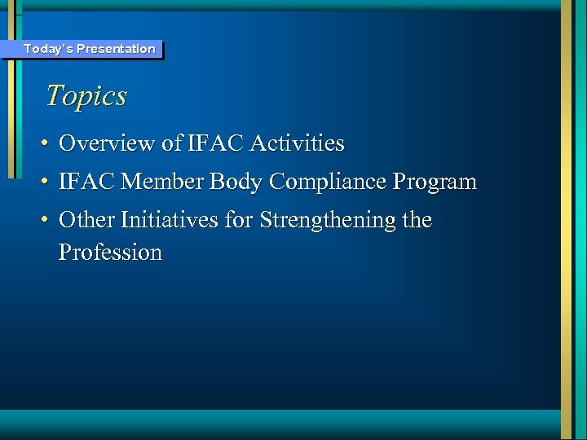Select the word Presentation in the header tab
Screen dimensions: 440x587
coord(116,49)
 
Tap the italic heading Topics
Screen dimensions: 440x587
coord(86,96)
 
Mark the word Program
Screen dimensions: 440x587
coord(438,183)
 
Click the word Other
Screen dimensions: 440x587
coord(86,220)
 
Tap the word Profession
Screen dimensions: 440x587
coord(111,253)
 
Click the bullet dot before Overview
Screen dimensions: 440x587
coord(46,144)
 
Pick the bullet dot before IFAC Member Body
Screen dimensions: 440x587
coord(46,183)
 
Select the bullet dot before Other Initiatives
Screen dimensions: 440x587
coord(46,221)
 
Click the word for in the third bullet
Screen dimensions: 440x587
coord(242,220)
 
